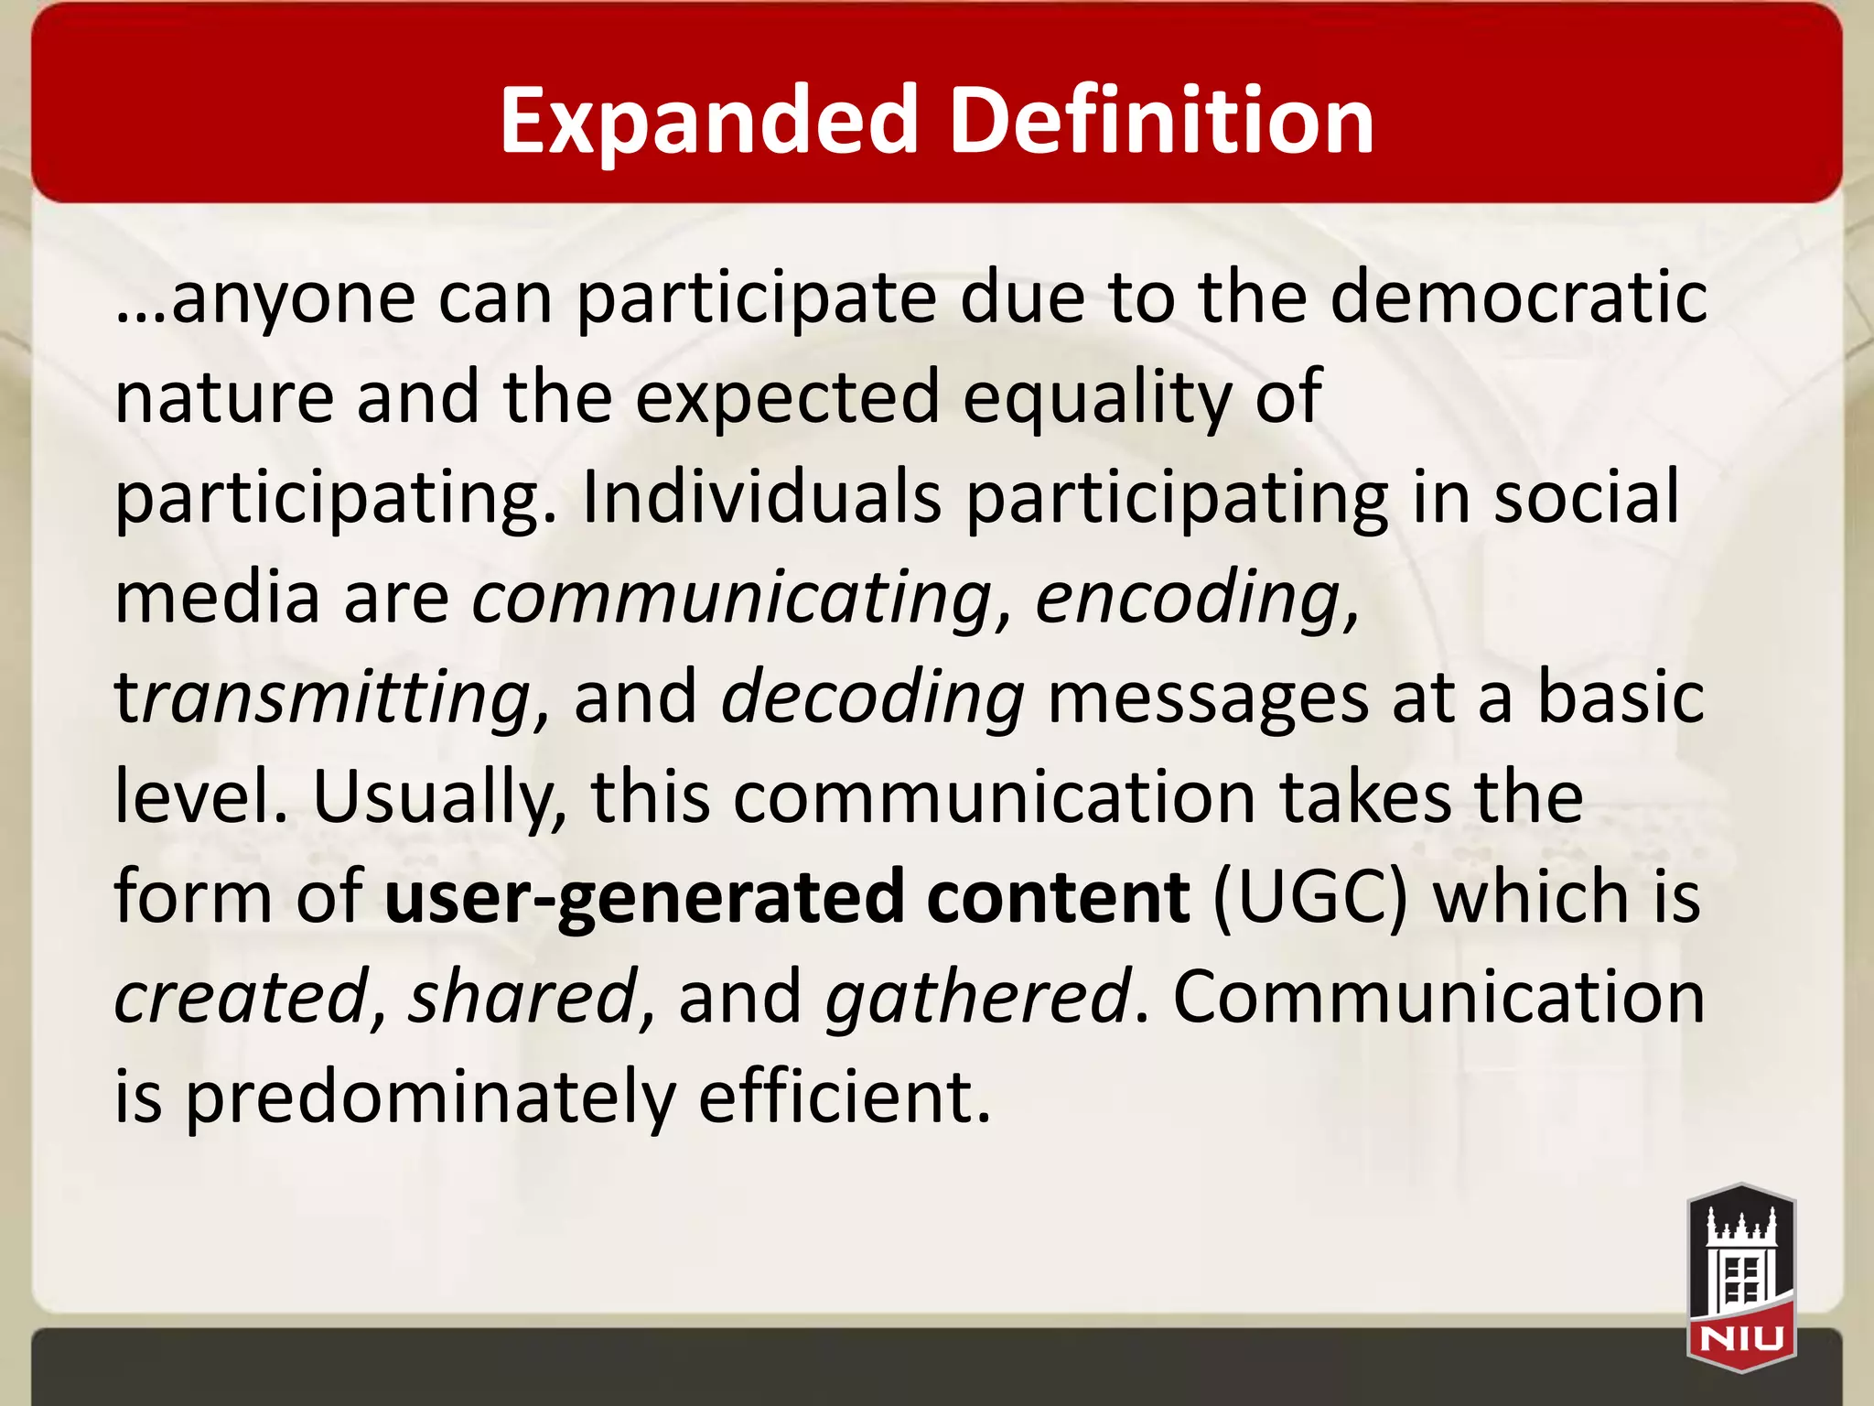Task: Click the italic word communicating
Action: pos(732,597)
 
